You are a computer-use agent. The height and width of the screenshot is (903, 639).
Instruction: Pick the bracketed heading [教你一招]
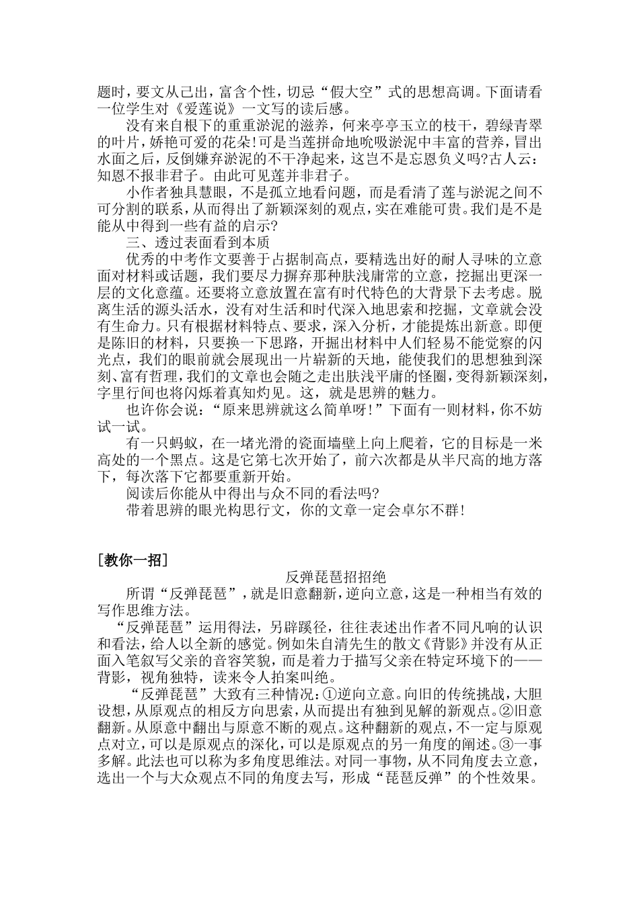click(132, 560)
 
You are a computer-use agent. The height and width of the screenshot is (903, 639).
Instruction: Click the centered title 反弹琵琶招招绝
click(336, 577)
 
